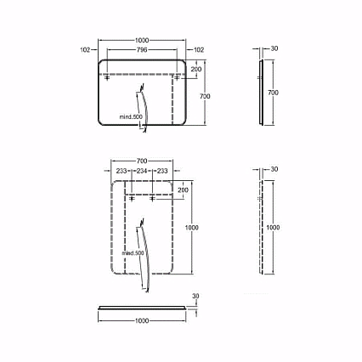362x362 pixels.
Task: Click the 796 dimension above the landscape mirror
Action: [142, 50]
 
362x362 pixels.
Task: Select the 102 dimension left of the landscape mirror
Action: [85, 50]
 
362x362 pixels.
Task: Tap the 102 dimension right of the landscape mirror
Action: [199, 50]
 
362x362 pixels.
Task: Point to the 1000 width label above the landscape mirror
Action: [142, 41]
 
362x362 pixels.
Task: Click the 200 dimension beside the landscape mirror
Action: [196, 69]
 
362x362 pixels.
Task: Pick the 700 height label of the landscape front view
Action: [205, 96]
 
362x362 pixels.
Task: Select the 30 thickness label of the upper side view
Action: [274, 48]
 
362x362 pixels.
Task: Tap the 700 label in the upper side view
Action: [273, 93]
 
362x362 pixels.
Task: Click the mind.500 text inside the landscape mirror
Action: [131, 116]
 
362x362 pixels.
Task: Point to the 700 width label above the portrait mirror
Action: [142, 161]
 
